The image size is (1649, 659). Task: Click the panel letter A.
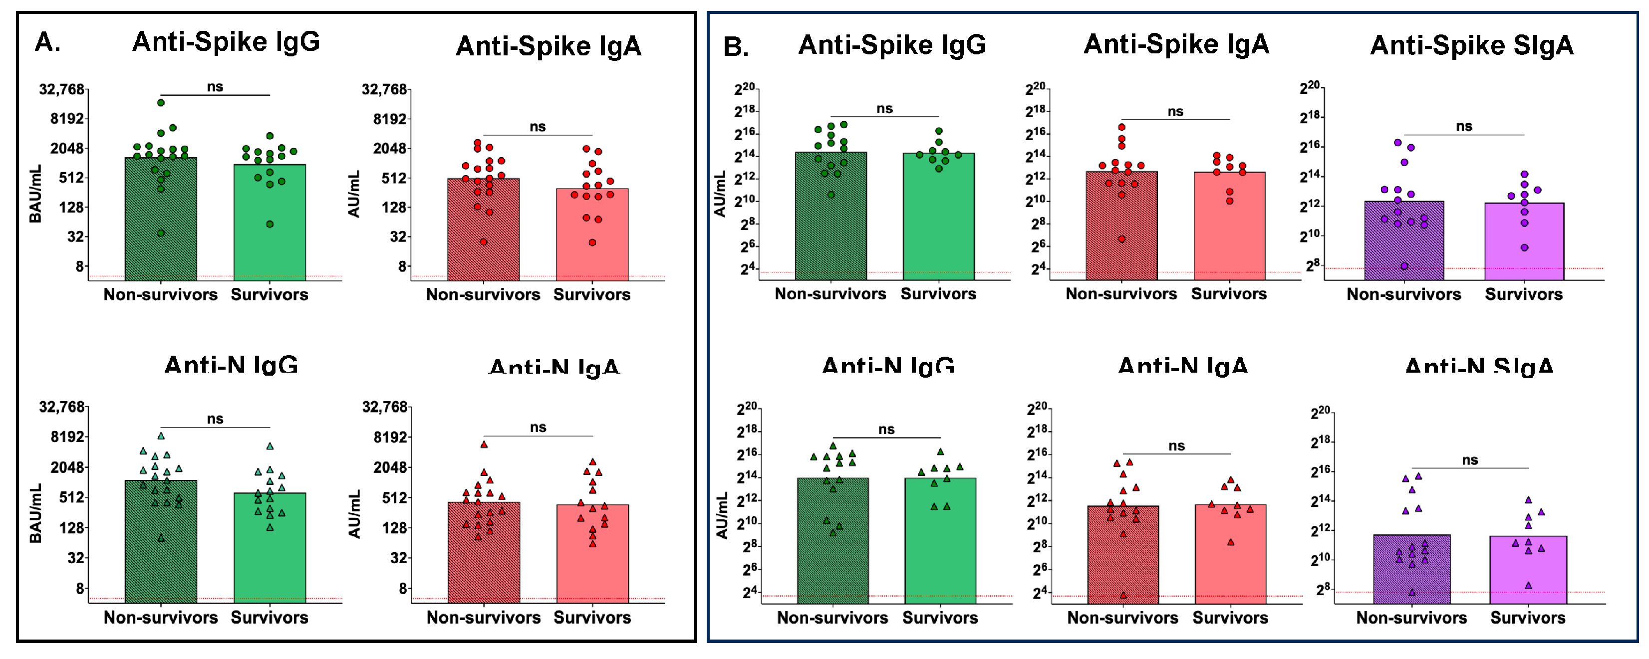(x=47, y=42)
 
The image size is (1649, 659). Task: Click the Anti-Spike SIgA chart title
(x=1471, y=45)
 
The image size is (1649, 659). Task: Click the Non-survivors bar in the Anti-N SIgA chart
(x=1411, y=569)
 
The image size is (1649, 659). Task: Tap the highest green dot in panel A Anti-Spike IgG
(x=161, y=102)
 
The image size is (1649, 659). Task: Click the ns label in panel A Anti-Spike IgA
(x=538, y=127)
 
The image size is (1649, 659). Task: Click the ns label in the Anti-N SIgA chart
(x=1470, y=460)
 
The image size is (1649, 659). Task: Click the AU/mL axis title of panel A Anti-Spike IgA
(x=354, y=194)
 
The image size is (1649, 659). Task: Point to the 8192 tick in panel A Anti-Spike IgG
(x=67, y=119)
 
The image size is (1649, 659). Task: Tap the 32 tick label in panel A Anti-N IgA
(x=399, y=558)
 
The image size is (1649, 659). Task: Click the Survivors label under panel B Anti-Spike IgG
(x=938, y=294)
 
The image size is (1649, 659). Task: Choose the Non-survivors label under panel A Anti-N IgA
(x=483, y=618)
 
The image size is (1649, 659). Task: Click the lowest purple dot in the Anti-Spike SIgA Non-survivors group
(x=1404, y=265)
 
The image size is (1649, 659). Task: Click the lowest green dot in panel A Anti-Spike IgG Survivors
(x=270, y=224)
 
